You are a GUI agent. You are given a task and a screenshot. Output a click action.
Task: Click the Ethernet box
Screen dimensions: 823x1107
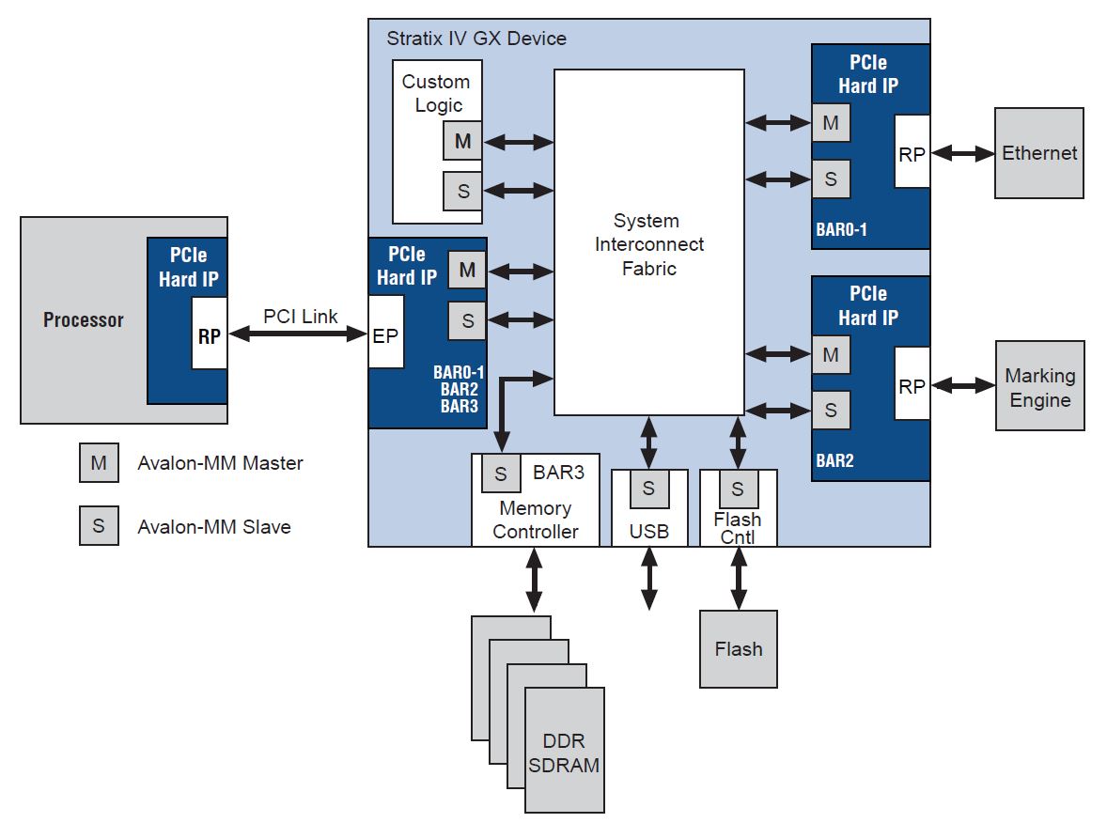[x=1038, y=153]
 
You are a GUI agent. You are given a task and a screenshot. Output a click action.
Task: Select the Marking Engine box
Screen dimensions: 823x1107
[x=1039, y=386]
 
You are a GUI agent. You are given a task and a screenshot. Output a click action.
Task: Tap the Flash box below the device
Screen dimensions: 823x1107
[x=738, y=649]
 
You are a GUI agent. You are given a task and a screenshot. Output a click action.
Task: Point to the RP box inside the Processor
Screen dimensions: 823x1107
[x=209, y=334]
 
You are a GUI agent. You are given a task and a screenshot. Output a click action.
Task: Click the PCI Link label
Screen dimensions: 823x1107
[x=300, y=317]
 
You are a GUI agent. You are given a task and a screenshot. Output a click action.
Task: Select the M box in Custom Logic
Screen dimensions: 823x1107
[x=462, y=142]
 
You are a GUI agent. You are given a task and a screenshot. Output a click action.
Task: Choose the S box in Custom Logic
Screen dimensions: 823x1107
[x=462, y=191]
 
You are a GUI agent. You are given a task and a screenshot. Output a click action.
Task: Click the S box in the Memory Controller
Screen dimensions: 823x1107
[x=500, y=474]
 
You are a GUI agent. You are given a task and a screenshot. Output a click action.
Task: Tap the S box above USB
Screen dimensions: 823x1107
[x=648, y=488]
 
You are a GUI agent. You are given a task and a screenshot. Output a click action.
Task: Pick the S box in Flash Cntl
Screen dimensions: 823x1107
[x=738, y=488]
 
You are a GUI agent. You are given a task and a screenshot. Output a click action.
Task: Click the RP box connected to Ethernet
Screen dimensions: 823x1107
[x=912, y=152]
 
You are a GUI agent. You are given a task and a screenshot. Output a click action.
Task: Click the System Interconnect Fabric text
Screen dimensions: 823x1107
[x=648, y=244]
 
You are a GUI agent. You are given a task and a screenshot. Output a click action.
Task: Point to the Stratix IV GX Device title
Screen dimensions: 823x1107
[x=476, y=39]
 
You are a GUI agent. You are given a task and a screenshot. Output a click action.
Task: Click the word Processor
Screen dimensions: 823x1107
[x=84, y=320]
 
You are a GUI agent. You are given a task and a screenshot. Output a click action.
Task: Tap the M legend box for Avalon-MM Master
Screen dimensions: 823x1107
[x=99, y=463]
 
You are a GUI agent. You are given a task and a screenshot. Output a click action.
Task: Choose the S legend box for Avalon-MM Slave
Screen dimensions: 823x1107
[x=99, y=526]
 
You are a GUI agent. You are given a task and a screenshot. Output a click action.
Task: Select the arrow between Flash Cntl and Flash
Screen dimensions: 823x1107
[x=738, y=578]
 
